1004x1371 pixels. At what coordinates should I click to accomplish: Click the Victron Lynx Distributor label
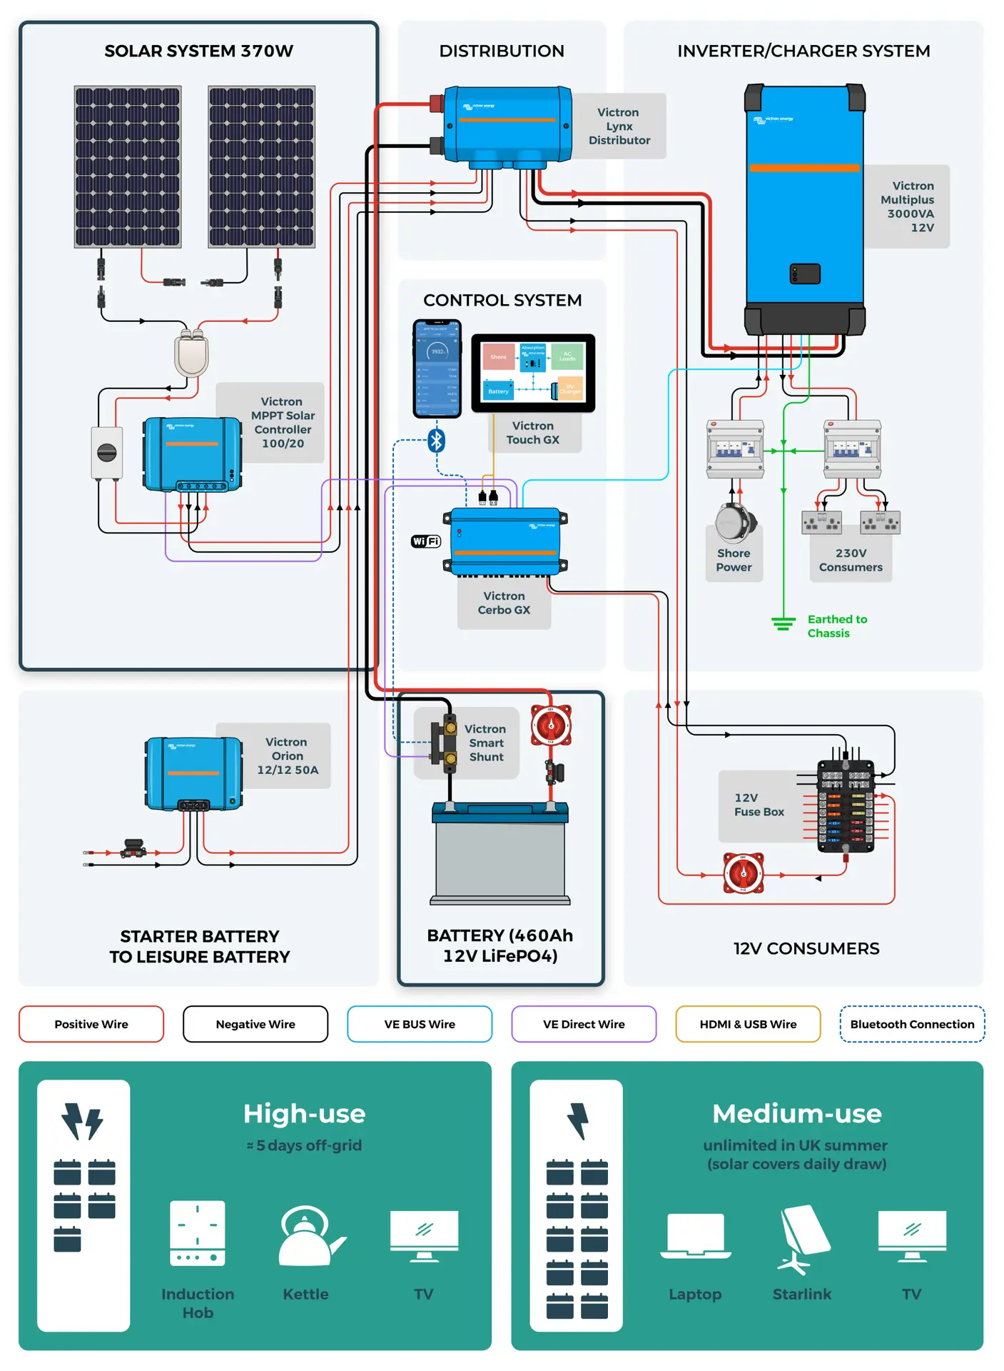click(x=619, y=126)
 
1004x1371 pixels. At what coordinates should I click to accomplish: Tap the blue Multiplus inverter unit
click(x=804, y=207)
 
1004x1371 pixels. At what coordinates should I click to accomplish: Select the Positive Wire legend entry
click(x=91, y=1024)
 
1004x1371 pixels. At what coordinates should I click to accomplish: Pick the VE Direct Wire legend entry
click(x=584, y=1024)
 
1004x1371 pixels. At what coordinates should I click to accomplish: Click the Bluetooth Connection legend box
click(x=912, y=1024)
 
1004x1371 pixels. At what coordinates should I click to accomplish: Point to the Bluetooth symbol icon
click(x=437, y=441)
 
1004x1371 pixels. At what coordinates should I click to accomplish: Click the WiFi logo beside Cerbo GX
click(x=426, y=541)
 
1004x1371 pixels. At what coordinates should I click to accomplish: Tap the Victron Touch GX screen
click(x=533, y=373)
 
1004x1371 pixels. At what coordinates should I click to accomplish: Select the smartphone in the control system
click(x=437, y=368)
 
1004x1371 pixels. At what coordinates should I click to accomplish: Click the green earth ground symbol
click(x=783, y=623)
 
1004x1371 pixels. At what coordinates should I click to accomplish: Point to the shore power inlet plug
click(x=734, y=522)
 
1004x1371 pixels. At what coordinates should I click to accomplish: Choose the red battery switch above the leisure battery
click(x=550, y=725)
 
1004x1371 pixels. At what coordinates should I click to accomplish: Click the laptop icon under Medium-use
click(x=695, y=1235)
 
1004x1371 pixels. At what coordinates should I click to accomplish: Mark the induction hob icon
click(x=198, y=1233)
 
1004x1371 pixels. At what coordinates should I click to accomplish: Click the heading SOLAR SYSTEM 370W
click(x=198, y=51)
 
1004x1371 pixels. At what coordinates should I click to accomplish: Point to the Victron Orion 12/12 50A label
click(x=287, y=756)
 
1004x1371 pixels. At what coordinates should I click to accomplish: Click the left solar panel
click(x=128, y=167)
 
